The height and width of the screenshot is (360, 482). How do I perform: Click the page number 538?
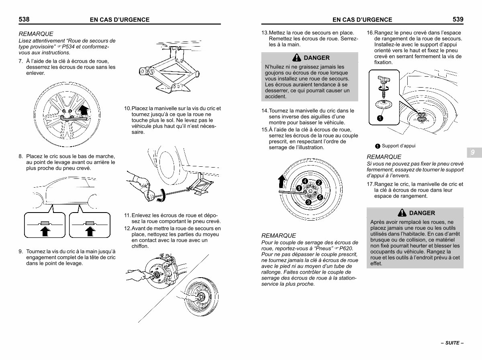[x=24, y=19]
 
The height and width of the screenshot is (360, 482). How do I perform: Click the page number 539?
[x=458, y=19]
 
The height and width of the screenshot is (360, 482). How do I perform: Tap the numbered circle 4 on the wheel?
[x=305, y=181]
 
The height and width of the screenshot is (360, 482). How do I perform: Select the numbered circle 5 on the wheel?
[x=320, y=197]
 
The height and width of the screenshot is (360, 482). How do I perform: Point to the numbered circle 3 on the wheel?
[x=308, y=202]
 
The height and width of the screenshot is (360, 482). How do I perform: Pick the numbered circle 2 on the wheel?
[x=319, y=182]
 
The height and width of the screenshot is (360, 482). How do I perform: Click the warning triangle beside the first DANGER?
[x=297, y=57]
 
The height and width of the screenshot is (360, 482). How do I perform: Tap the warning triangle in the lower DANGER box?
[x=402, y=213]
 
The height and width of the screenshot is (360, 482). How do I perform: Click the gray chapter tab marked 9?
[x=474, y=152]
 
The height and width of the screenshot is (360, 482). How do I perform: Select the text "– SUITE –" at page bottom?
[x=452, y=343]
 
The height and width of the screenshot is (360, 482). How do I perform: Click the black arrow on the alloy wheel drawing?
[x=84, y=110]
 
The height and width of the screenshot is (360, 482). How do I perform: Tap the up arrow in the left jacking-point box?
[x=45, y=231]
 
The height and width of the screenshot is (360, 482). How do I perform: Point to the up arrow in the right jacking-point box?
[x=90, y=231]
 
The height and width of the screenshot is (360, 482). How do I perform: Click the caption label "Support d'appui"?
[x=398, y=146]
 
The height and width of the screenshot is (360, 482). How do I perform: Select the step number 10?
[x=127, y=108]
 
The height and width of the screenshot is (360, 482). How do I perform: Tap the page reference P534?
[x=68, y=47]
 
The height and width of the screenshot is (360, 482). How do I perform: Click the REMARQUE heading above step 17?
[x=384, y=157]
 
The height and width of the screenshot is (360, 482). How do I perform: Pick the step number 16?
[x=370, y=33]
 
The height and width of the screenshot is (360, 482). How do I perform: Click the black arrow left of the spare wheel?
[x=282, y=182]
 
